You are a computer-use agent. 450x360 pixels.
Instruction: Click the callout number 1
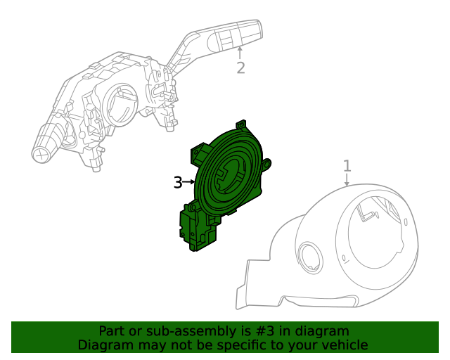(x=347, y=166)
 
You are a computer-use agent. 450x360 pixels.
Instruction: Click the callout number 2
(x=240, y=67)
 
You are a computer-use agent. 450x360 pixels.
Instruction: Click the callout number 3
(x=178, y=183)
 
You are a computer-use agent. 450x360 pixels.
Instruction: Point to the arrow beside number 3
(x=189, y=183)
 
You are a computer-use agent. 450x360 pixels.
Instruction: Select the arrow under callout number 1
(x=347, y=180)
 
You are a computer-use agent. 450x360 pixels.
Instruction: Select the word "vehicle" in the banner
(x=343, y=345)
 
